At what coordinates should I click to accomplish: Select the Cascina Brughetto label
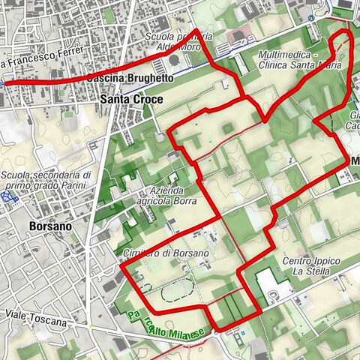(130, 78)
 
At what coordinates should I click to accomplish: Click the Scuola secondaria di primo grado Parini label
(46, 181)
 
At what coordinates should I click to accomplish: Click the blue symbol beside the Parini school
(9, 196)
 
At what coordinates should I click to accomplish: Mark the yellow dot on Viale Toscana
(89, 326)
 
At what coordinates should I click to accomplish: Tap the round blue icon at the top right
(311, 17)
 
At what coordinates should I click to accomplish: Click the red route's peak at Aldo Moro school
(196, 31)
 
